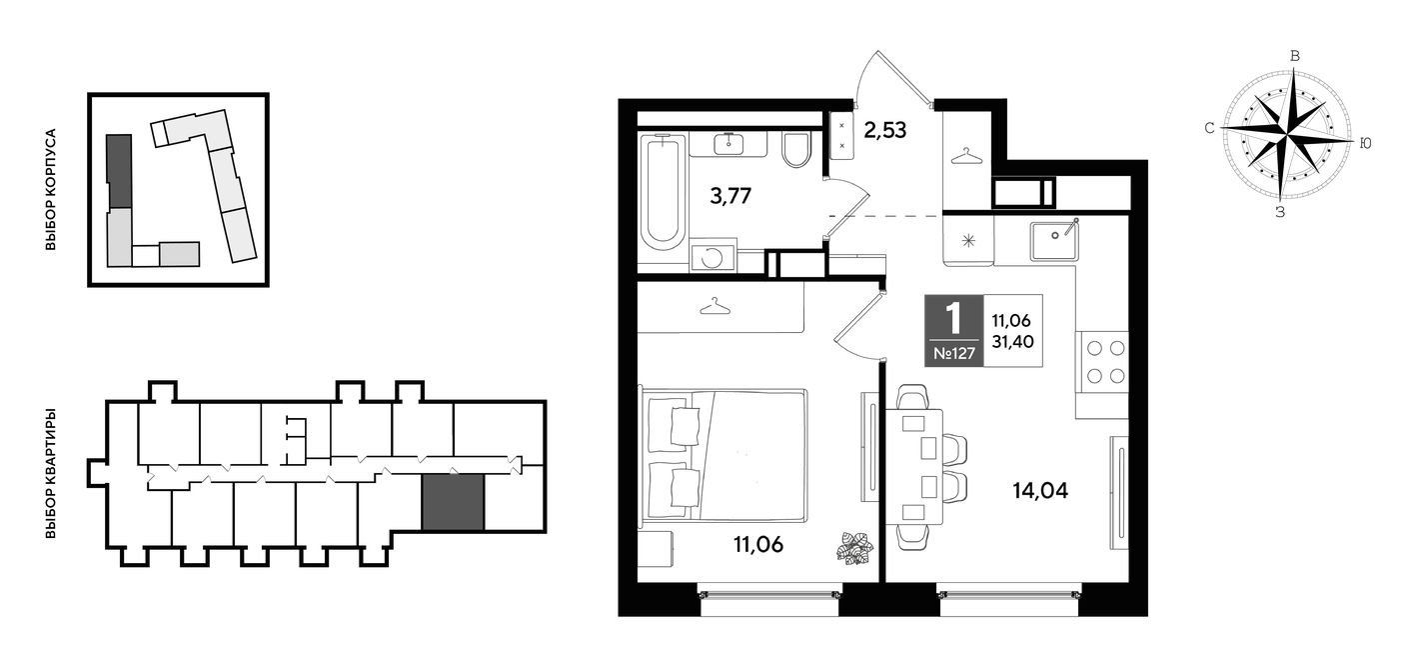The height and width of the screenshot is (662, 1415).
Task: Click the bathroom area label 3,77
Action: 730,196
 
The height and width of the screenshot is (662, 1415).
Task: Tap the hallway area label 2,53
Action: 885,130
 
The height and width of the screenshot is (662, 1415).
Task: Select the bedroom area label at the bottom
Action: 758,544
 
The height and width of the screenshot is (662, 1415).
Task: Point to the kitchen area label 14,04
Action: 1040,490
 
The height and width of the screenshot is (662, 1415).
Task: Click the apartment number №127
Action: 954,353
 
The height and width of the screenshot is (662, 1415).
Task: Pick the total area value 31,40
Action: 1012,342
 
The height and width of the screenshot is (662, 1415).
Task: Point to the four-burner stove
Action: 1102,362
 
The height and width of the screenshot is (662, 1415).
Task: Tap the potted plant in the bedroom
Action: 854,548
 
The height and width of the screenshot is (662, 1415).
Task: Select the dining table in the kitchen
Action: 914,467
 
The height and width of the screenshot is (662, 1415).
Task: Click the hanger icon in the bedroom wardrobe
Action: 715,307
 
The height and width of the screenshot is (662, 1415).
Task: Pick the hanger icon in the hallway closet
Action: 967,156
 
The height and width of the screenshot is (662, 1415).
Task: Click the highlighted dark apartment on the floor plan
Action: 453,502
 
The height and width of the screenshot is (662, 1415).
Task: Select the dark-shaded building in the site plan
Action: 119,171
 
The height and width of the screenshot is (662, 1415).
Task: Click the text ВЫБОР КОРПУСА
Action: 51,189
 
